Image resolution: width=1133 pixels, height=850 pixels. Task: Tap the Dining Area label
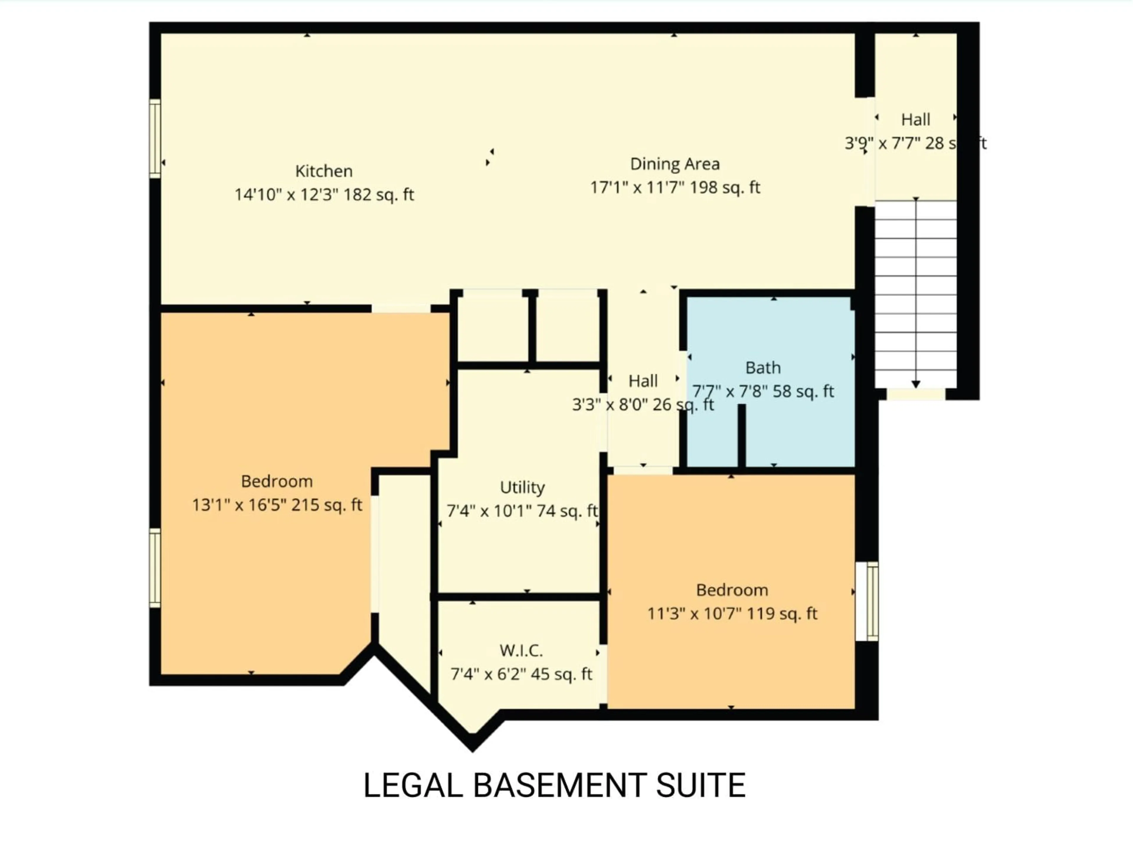coord(674,164)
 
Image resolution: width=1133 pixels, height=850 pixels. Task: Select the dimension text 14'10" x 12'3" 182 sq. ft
coord(324,195)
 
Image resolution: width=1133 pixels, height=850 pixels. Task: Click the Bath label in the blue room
coord(763,368)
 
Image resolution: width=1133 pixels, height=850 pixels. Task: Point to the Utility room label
coord(522,487)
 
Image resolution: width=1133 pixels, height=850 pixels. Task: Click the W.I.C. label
coord(521,651)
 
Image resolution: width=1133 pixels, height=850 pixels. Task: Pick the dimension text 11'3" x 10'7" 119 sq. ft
coord(732,613)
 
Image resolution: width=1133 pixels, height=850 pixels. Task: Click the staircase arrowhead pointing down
coord(916,384)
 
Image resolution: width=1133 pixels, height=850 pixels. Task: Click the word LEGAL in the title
coord(413,785)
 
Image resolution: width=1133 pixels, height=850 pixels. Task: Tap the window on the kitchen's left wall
coord(155,138)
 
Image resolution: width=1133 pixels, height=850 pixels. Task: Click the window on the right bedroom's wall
coord(867,601)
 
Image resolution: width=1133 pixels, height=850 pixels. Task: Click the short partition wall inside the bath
coord(741,436)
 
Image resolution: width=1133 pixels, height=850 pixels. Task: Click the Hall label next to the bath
coord(643,381)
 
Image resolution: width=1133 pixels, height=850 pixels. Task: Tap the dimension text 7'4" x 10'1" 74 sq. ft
coord(522,511)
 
